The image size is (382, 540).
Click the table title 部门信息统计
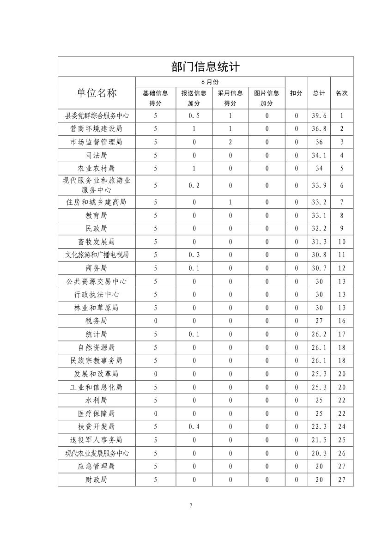206,67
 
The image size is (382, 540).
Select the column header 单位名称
97,93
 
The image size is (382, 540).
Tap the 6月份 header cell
210,82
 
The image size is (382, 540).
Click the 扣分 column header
296,93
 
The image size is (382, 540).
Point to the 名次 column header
342,93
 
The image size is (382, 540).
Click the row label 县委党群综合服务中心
97,116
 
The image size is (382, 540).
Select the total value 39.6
319,116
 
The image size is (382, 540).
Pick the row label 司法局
97,155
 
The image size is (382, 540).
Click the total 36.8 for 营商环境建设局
319,129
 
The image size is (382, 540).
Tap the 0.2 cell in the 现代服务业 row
194,185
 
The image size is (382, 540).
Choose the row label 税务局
97,321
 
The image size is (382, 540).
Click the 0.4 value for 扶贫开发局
194,426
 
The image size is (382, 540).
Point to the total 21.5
319,440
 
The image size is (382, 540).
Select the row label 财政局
97,479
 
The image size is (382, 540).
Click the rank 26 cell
342,453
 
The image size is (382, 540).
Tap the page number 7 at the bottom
191,505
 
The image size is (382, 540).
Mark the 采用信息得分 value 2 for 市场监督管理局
230,142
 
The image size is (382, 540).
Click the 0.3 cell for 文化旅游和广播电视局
194,255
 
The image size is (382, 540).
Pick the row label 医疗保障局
97,413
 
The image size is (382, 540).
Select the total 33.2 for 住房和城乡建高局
319,202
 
